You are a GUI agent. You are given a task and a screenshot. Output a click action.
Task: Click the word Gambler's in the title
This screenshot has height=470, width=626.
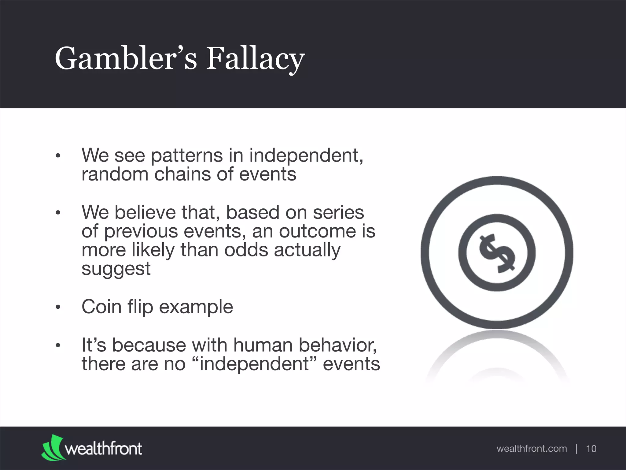pyautogui.click(x=126, y=59)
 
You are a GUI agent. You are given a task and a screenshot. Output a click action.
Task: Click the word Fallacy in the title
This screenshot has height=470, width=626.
pyautogui.click(x=255, y=59)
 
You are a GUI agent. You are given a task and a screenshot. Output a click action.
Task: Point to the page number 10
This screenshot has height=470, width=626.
pyautogui.click(x=591, y=449)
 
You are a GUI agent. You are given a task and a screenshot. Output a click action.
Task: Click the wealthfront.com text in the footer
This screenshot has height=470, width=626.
pyautogui.click(x=532, y=449)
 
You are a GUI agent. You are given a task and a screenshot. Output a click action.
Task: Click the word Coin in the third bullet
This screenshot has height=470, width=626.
pyautogui.click(x=101, y=307)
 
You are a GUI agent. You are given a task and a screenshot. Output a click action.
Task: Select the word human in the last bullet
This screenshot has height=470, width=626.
pyautogui.click(x=264, y=345)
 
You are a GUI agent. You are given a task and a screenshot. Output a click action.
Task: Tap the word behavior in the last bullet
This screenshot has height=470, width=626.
pyautogui.click(x=338, y=345)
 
